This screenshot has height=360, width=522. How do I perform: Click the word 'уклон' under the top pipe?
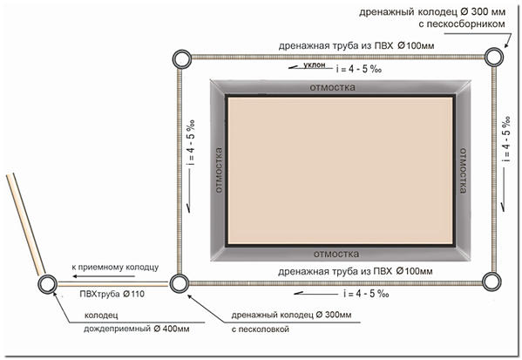tap(315, 65)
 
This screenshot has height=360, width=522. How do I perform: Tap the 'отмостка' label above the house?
tap(333, 87)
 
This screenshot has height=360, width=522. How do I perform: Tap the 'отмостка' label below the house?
tap(336, 254)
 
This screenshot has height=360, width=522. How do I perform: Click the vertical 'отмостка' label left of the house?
tap(219, 170)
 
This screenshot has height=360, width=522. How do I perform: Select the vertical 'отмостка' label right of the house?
tap(463, 171)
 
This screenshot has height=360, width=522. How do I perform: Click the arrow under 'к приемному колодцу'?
tap(104, 276)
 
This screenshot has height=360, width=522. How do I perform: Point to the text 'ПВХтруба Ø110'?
tap(112, 294)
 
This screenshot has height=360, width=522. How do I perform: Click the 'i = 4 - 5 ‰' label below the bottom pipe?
tap(366, 294)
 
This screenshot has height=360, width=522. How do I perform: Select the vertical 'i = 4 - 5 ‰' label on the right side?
tap(506, 139)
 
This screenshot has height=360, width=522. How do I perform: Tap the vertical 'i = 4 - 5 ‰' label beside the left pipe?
tap(191, 143)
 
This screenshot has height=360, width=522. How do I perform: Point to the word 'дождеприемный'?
tap(117, 329)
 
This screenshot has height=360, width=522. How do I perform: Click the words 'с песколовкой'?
tap(261, 329)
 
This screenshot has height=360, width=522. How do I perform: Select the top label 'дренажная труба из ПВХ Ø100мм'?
tap(356, 45)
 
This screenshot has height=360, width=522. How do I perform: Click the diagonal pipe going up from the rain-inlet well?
tap(25, 224)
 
